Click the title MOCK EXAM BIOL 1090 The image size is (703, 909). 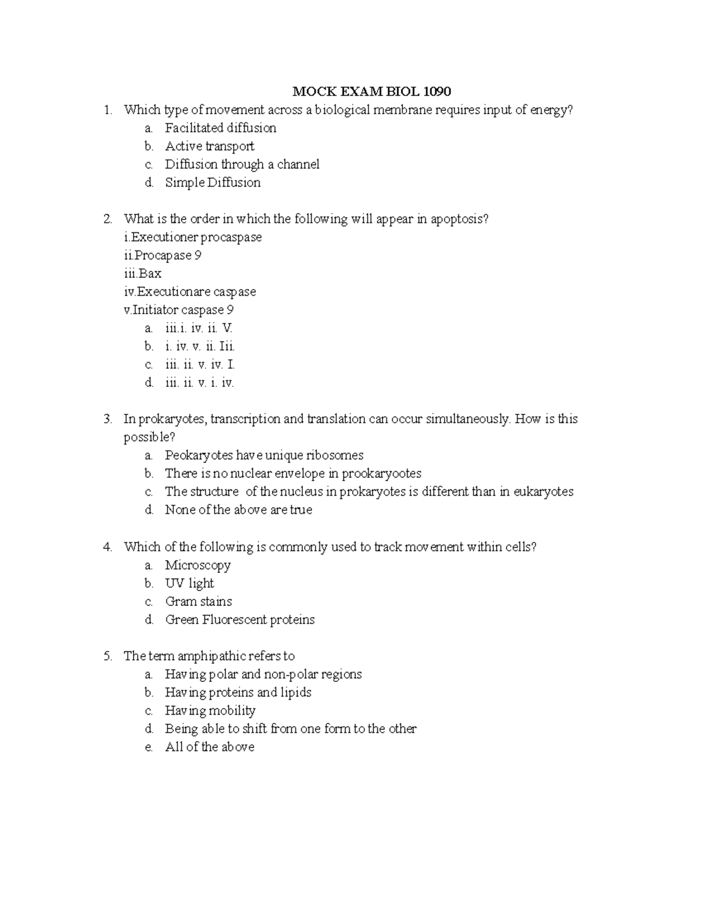click(x=372, y=91)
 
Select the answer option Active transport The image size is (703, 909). click(x=209, y=146)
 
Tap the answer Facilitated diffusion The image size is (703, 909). click(x=220, y=128)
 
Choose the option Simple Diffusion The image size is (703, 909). click(x=213, y=183)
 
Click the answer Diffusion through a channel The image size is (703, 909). click(x=242, y=164)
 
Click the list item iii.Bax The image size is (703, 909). click(x=142, y=274)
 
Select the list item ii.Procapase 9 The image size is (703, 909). click(x=162, y=256)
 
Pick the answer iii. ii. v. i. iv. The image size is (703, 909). click(x=199, y=383)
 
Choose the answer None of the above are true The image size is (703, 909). click(x=238, y=510)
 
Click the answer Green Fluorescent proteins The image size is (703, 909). click(x=240, y=620)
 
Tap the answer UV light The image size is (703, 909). click(x=189, y=584)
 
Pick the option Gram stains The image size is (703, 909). click(x=198, y=602)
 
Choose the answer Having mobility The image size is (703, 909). click(x=210, y=711)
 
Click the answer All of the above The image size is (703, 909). click(x=209, y=747)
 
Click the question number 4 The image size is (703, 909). click(x=107, y=547)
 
